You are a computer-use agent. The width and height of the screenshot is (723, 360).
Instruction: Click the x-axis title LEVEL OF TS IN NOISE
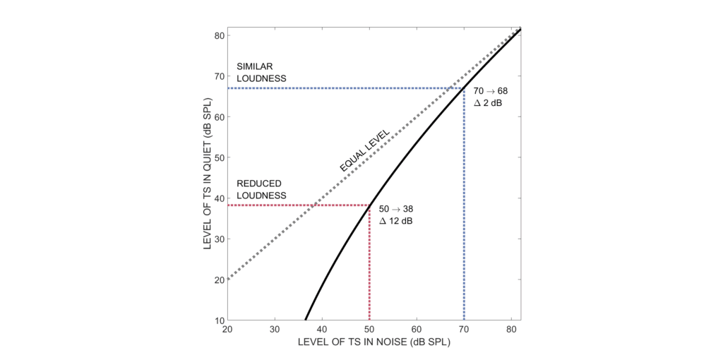click(x=374, y=342)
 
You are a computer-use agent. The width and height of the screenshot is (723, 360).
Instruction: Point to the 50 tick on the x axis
click(x=369, y=329)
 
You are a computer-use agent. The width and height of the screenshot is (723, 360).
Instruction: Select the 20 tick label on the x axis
click(x=227, y=329)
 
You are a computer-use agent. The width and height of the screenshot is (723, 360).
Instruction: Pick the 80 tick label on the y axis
click(x=219, y=35)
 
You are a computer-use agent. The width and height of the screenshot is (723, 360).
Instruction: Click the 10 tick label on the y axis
click(x=219, y=320)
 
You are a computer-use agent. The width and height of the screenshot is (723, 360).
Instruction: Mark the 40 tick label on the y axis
click(x=219, y=198)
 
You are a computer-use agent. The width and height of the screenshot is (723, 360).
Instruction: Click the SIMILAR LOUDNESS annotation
click(x=261, y=73)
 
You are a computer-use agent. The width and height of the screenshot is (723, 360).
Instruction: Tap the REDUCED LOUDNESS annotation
click(x=261, y=189)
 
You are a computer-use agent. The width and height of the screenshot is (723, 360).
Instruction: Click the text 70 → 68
click(x=490, y=91)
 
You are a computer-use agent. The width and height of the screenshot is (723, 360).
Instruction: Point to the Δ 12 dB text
click(x=396, y=222)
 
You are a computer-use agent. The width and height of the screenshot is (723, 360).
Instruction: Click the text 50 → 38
click(x=396, y=210)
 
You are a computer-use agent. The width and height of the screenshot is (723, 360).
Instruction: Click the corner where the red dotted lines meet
click(x=369, y=205)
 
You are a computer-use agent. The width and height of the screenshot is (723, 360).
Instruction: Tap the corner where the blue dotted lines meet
click(x=464, y=88)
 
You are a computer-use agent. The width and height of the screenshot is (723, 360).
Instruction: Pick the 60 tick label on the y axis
click(x=219, y=116)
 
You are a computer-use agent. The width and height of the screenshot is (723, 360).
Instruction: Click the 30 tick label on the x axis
click(x=275, y=329)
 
